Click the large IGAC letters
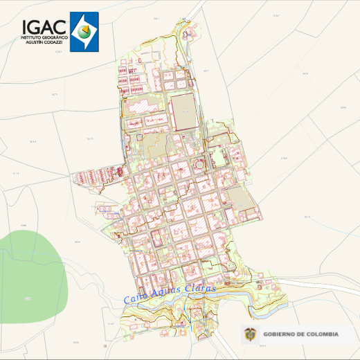[x=43, y=26]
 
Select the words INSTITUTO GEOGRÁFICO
[x=43, y=37]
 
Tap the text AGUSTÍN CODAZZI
[x=43, y=42]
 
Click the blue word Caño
[x=133, y=298]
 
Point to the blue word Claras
[x=201, y=287]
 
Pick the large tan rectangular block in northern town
[x=184, y=111]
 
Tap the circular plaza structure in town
[x=199, y=165]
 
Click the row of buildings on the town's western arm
[x=97, y=174]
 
